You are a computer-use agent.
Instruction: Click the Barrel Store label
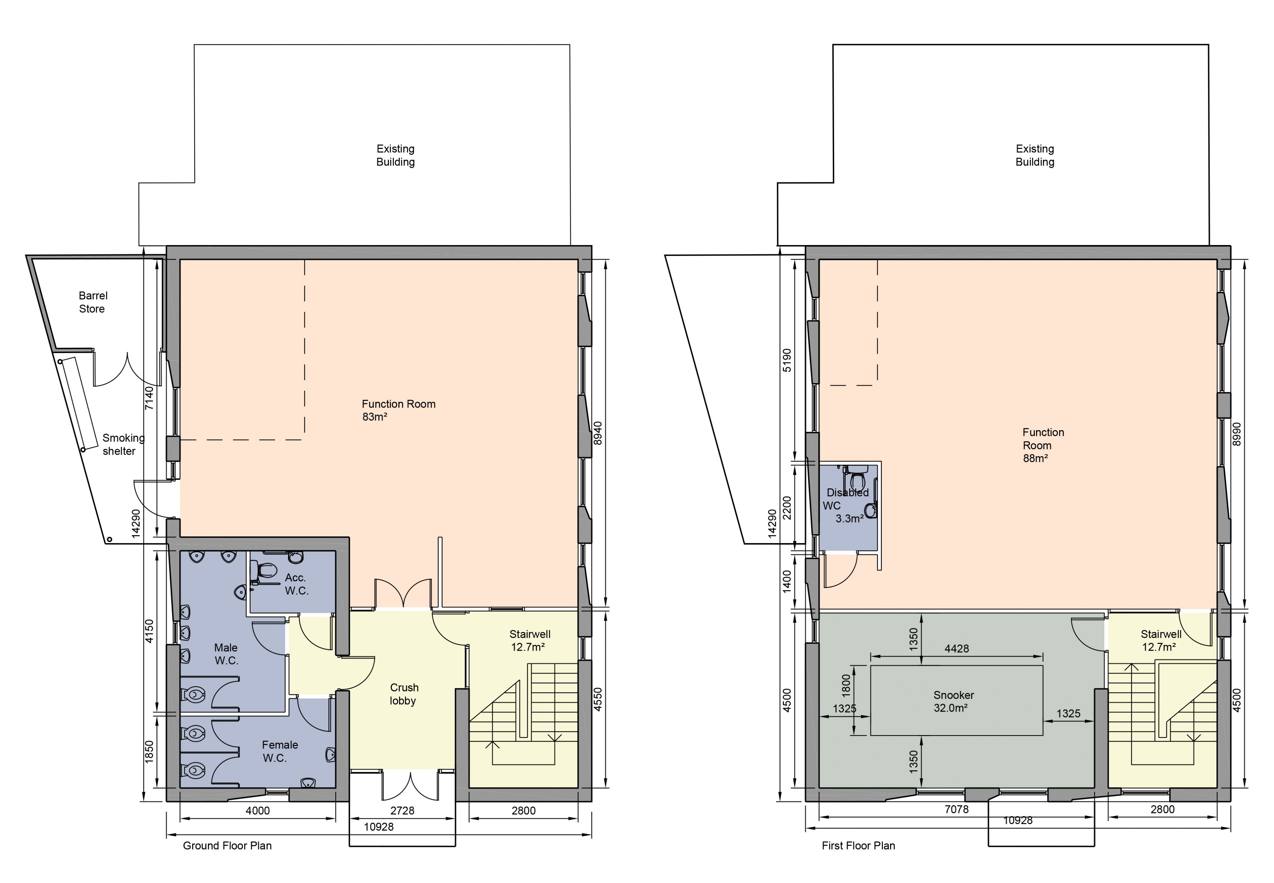93,302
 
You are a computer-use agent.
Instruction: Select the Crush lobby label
403,694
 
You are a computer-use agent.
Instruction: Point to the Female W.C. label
279,751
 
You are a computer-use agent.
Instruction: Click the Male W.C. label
226,654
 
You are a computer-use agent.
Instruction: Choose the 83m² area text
375,416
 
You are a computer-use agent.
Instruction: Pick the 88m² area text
1035,458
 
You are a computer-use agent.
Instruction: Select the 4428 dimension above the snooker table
956,649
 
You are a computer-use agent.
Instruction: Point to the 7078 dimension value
956,809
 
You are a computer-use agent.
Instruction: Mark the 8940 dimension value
597,433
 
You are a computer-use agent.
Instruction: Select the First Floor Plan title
858,846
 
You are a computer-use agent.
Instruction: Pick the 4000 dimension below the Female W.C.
257,810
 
